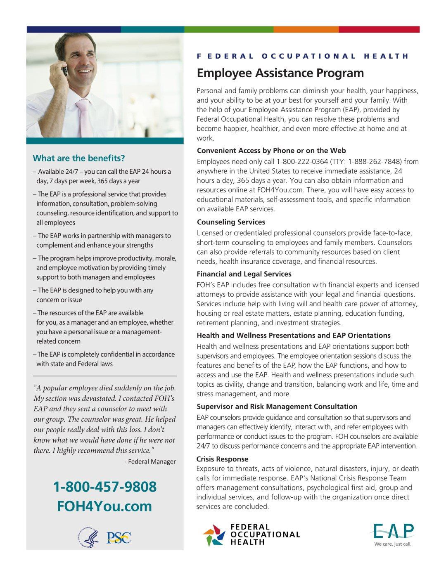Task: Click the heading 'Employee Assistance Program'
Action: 280,73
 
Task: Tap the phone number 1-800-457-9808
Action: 105,487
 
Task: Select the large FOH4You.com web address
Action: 104,506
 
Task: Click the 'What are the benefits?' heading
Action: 79,158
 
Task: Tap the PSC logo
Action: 119,538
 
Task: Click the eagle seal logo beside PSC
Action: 88,538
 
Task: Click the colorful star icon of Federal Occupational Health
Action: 214,535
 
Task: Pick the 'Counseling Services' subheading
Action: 231,222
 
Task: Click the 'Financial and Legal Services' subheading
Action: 244,274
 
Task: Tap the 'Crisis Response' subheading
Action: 222,459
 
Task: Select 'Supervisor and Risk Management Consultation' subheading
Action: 277,407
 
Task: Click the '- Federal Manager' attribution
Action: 150,461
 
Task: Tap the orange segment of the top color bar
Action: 306,30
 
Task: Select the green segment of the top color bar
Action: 229,30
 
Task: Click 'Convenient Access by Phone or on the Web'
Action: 271,151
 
